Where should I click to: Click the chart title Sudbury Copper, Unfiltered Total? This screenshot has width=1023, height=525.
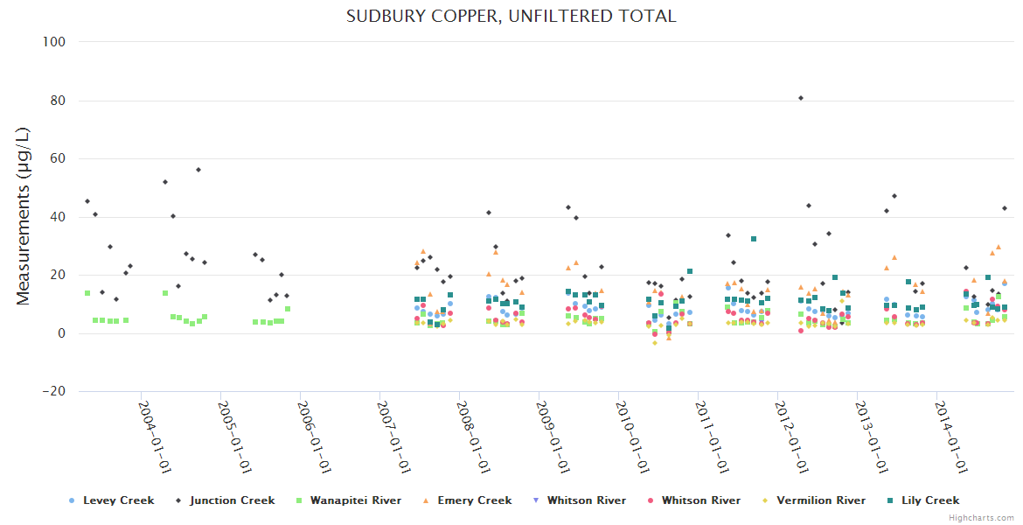pos(511,16)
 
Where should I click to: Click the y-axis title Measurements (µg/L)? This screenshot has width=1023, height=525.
pos(24,215)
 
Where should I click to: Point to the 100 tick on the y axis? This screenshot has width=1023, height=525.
pos(58,42)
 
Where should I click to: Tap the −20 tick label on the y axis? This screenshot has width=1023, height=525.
pos(54,391)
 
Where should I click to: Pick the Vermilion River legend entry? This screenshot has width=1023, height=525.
pos(818,500)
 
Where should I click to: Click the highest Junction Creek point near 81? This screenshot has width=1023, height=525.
pos(801,98)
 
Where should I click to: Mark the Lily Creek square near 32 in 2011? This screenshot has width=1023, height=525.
pos(754,239)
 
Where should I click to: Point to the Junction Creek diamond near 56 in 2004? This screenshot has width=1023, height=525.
pos(198,170)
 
